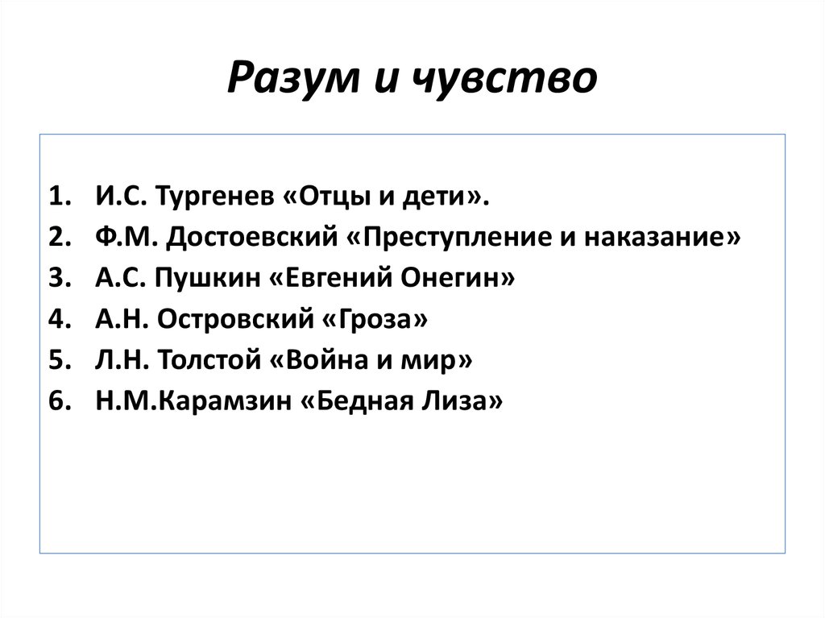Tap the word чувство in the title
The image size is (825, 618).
(x=504, y=78)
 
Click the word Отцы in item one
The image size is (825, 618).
(x=327, y=197)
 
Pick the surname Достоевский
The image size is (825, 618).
(x=251, y=237)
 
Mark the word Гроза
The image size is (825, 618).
(x=375, y=319)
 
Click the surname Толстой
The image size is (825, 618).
(x=209, y=360)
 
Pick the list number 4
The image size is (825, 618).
(x=60, y=319)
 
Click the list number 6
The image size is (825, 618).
(x=60, y=401)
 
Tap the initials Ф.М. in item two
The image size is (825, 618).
(x=126, y=237)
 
